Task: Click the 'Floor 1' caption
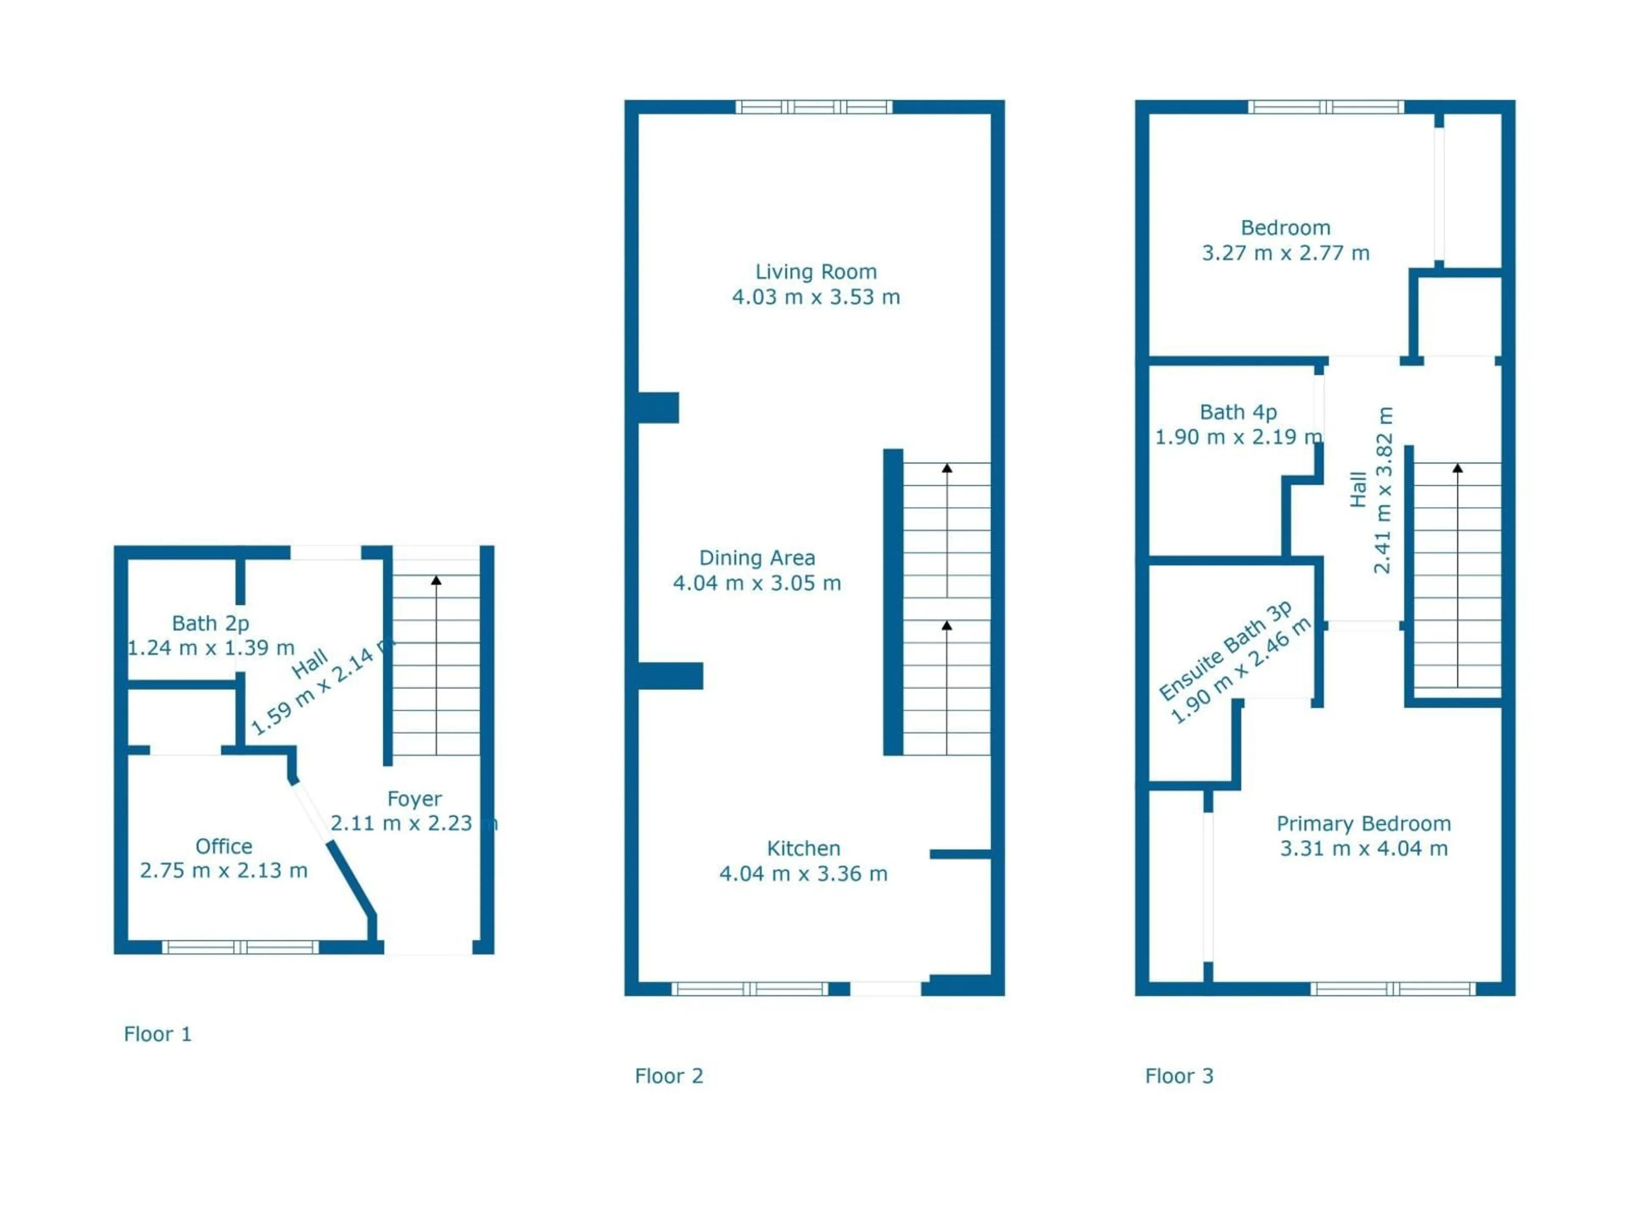(158, 1034)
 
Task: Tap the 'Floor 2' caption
(669, 1076)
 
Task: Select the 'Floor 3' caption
(1179, 1076)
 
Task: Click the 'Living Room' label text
(816, 272)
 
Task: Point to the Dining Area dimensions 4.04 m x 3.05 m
(757, 583)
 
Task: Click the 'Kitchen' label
(803, 849)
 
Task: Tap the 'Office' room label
(224, 846)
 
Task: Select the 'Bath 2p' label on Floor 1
(210, 623)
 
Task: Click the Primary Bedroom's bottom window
(1393, 989)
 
